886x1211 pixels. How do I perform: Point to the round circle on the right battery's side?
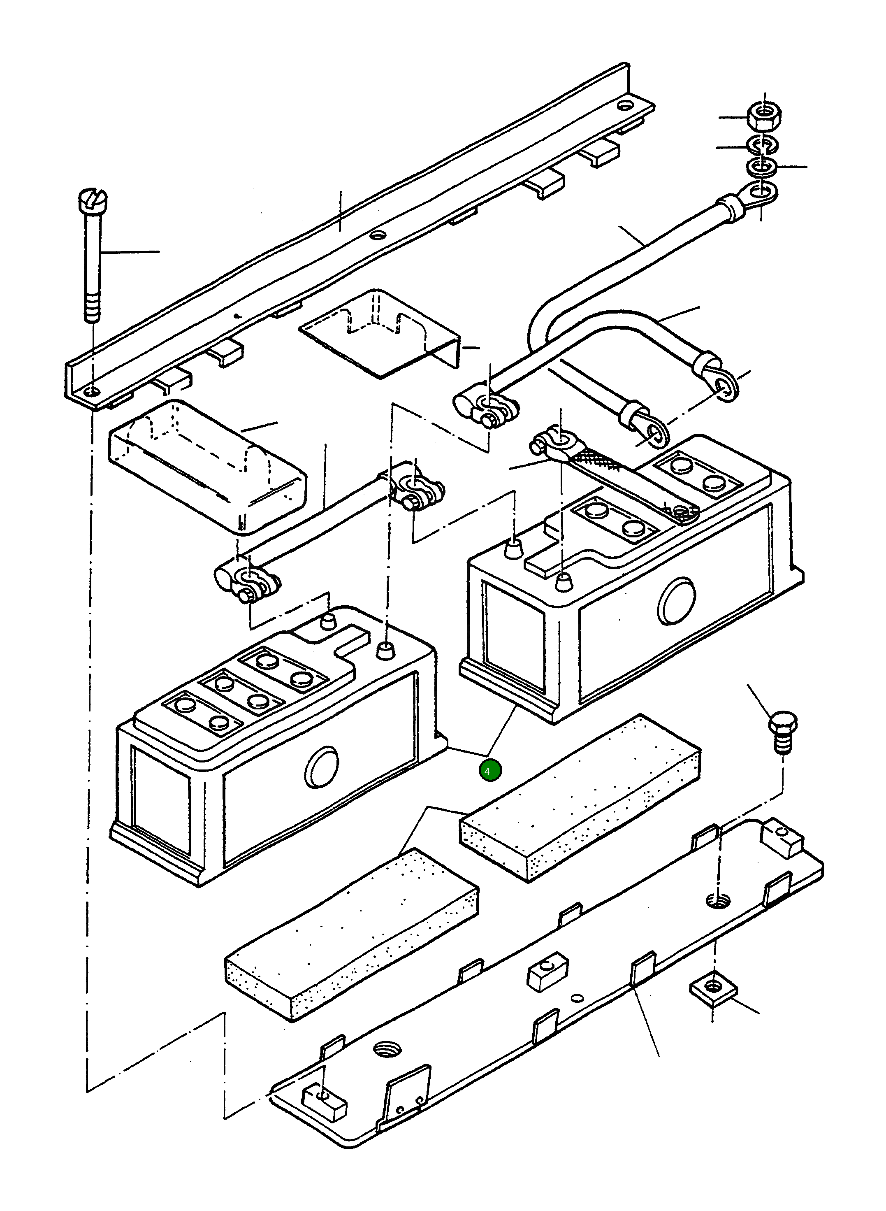677,601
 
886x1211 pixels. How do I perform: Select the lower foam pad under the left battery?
351,934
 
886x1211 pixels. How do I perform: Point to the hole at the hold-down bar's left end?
92,393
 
